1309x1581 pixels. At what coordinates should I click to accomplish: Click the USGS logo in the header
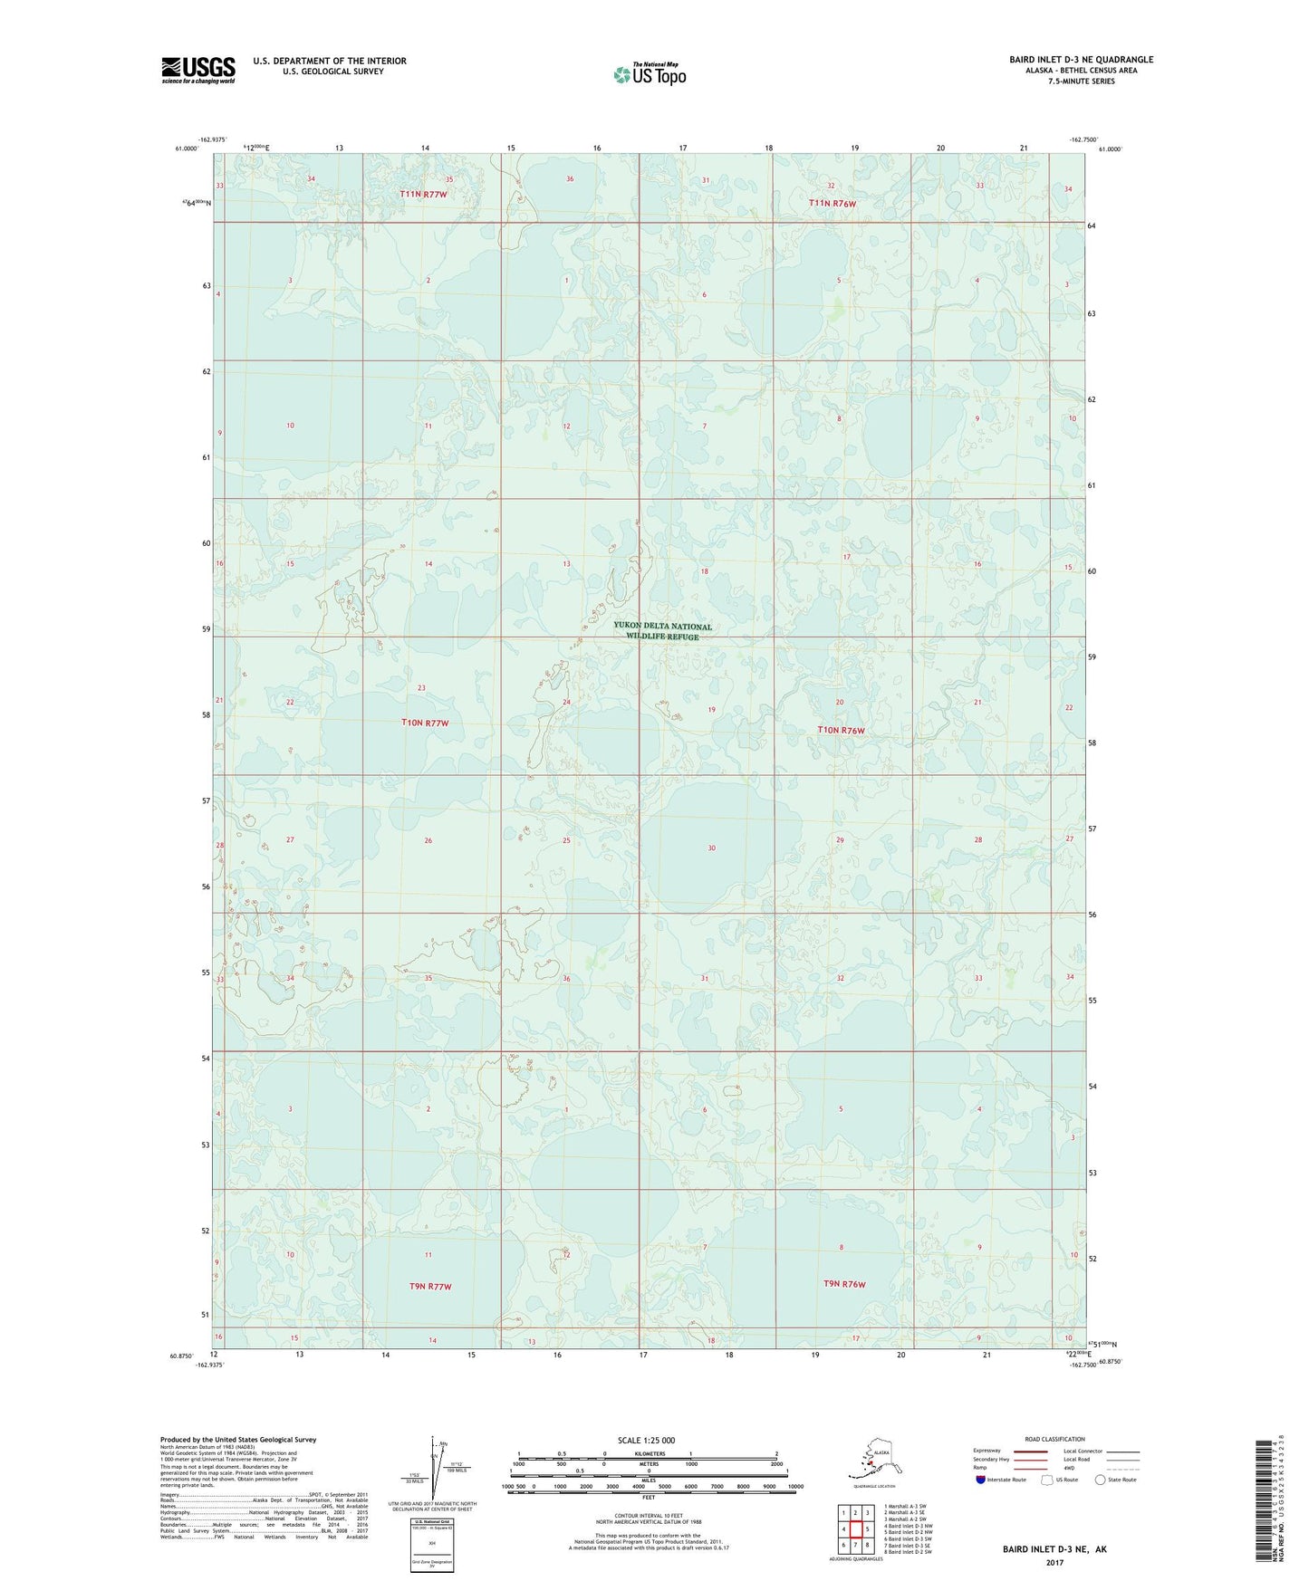pos(197,70)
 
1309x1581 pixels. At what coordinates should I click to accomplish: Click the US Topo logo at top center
pos(649,74)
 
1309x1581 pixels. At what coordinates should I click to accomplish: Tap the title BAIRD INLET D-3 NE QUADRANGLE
pos(1082,60)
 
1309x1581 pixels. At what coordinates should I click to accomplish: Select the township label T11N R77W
pos(424,195)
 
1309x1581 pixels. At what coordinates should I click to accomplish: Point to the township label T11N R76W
pos(832,204)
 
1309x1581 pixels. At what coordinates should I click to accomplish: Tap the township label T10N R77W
pos(424,723)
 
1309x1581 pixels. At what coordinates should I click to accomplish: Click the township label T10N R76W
pos(841,730)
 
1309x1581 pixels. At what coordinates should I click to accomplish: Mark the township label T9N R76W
pos(844,1284)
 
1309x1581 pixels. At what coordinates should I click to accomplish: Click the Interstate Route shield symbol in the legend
pos(981,1480)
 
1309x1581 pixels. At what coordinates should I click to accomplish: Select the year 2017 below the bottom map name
pos(1054,1562)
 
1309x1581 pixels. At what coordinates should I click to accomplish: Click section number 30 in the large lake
pos(712,848)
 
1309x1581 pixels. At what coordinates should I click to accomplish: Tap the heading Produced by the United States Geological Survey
pos(238,1439)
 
